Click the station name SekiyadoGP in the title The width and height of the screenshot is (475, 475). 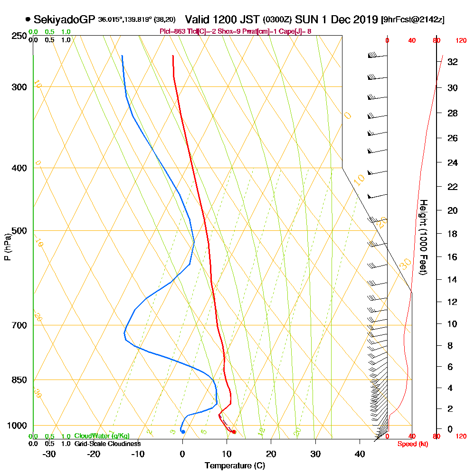tap(65, 19)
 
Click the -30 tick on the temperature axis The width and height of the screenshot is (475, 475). tap(49, 453)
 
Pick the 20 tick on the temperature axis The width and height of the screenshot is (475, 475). tap(271, 453)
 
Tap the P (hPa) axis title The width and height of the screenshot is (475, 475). tap(7, 247)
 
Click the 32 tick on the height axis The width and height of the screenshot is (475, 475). tap(453, 62)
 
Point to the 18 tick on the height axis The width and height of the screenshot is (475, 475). tap(453, 234)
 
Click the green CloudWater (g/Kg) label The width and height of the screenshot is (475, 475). tap(102, 436)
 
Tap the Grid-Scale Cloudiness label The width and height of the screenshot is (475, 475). tap(107, 444)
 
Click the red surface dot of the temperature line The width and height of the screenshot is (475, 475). tap(234, 431)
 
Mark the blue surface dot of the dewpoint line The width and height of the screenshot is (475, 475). tap(183, 431)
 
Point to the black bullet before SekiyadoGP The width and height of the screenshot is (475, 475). tap(28, 19)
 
